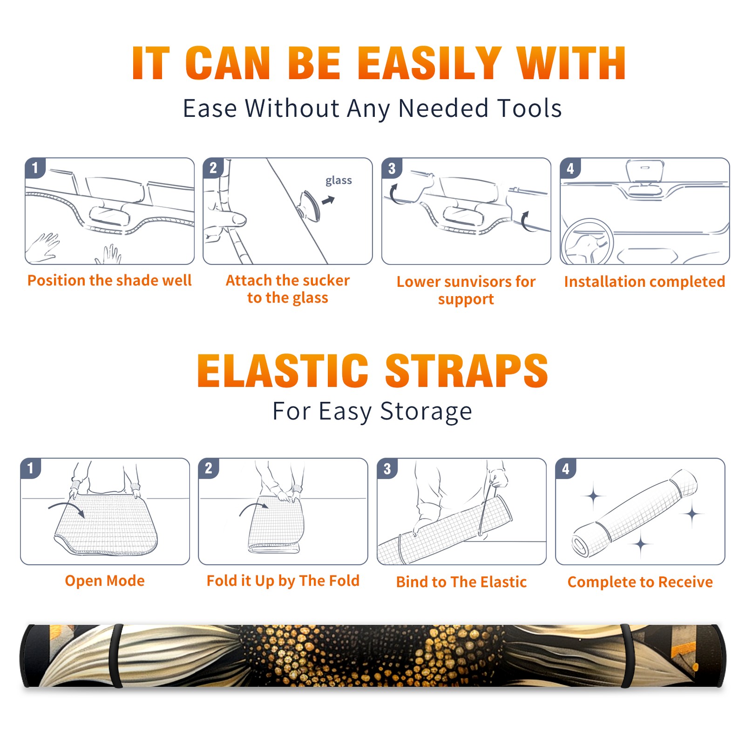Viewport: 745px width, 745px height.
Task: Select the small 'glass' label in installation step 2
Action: (339, 181)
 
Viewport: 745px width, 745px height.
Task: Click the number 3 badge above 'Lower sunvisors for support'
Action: (392, 168)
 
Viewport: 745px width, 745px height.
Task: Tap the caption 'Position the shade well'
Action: (109, 280)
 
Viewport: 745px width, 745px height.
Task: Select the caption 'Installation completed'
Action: (644, 282)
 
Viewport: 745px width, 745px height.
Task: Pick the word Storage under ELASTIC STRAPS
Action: (426, 412)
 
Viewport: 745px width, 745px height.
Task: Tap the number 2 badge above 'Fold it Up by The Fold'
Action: (208, 468)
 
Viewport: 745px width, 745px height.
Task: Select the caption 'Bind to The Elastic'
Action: (461, 582)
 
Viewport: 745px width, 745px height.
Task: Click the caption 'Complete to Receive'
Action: (640, 582)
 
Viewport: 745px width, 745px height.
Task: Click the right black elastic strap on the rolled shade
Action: (627, 656)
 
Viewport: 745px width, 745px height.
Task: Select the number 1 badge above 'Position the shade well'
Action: (35, 168)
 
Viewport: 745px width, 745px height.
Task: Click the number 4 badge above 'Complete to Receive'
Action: (566, 468)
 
